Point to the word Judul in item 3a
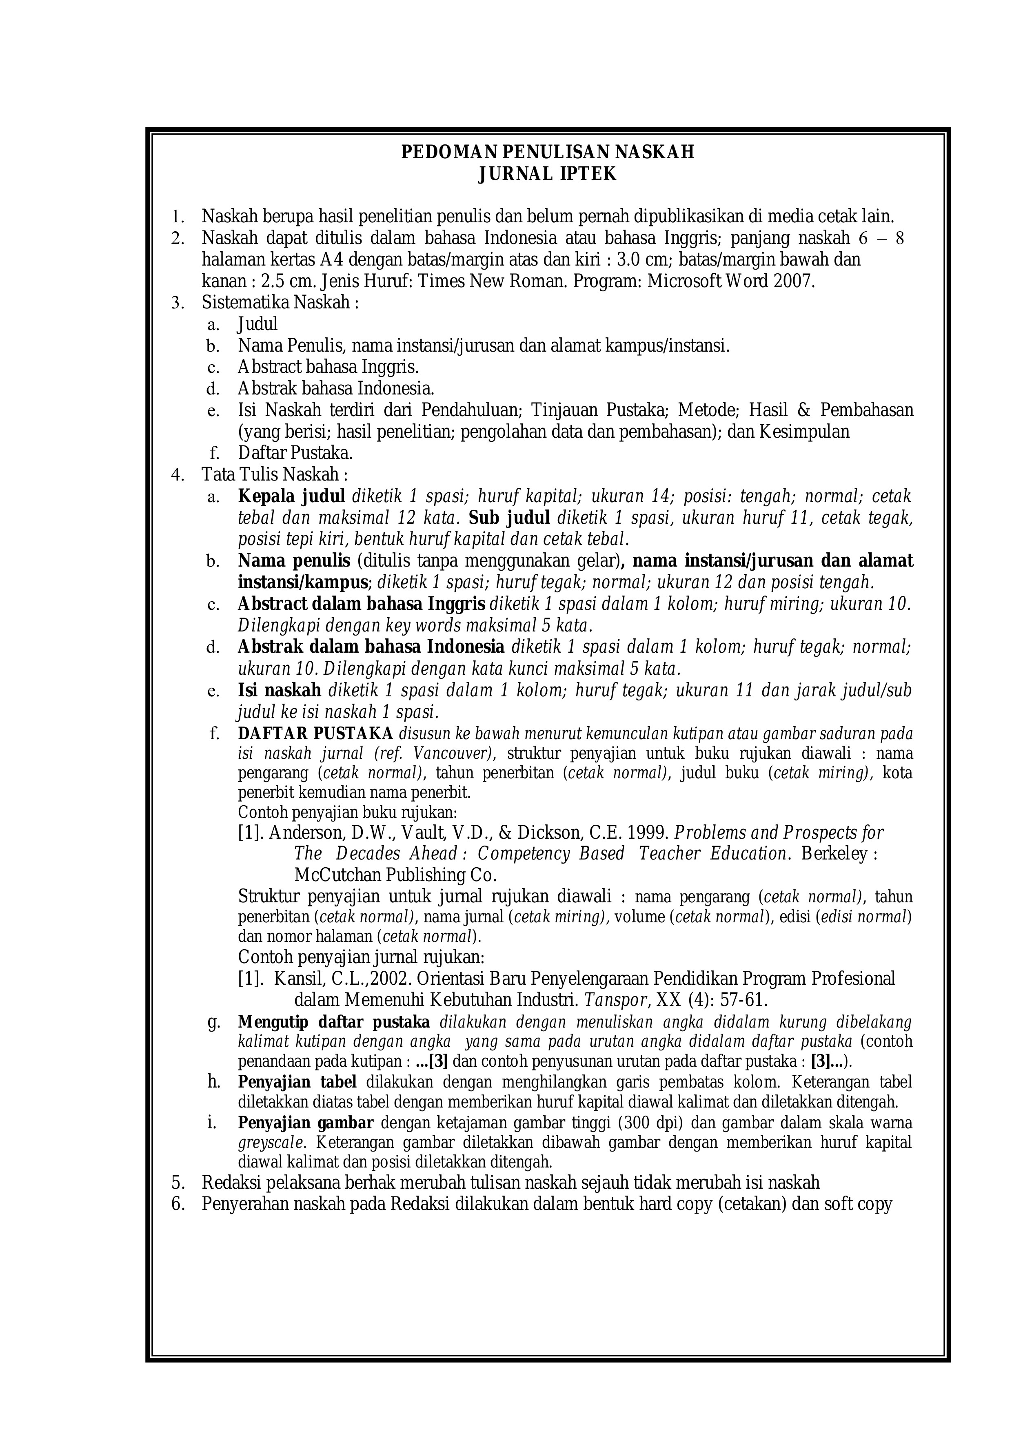coord(257,324)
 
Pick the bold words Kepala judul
coord(291,497)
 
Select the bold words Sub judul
coord(509,518)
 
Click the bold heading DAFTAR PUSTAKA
coord(315,733)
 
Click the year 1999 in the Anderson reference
coord(648,833)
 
